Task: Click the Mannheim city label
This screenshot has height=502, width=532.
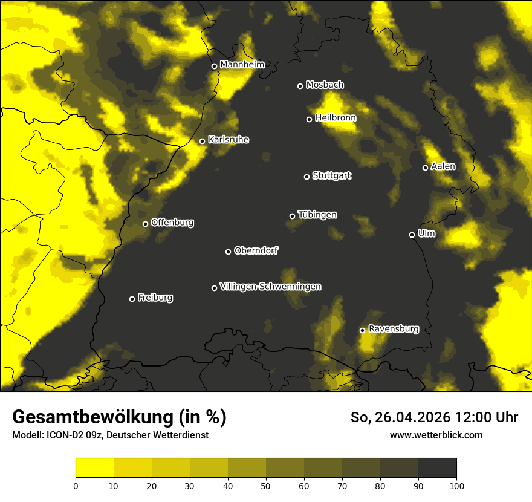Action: click(242, 64)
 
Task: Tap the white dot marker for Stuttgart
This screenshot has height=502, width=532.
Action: click(307, 177)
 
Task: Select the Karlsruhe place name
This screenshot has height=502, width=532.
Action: click(229, 140)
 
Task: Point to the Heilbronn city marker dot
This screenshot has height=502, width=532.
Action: click(309, 119)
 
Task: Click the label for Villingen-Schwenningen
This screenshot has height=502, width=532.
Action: click(271, 287)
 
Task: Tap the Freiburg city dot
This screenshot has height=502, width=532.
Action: click(132, 299)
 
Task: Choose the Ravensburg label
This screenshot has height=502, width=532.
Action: click(394, 329)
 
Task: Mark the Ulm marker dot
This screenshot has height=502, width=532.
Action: click(412, 235)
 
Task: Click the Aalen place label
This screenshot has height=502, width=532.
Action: click(443, 166)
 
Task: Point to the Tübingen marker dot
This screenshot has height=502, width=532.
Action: click(292, 216)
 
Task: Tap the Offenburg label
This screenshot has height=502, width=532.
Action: click(172, 223)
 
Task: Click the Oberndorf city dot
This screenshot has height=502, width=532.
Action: click(228, 252)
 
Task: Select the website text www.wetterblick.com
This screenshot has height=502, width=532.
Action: click(436, 435)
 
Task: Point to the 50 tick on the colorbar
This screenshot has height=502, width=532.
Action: click(266, 484)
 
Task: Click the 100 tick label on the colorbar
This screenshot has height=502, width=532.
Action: click(456, 484)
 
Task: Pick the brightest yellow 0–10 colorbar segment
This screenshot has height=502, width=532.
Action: click(94, 468)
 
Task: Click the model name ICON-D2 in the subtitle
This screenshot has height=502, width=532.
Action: click(62, 435)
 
